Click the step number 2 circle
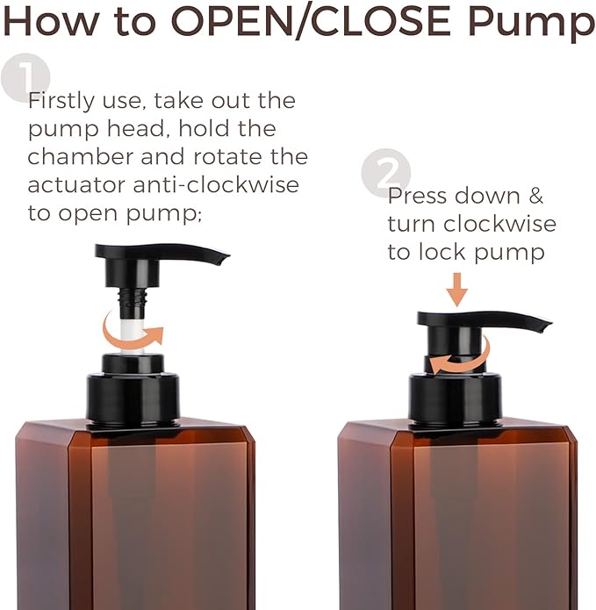[386, 172]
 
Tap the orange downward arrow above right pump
[457, 289]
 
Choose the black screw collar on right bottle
[455, 398]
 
